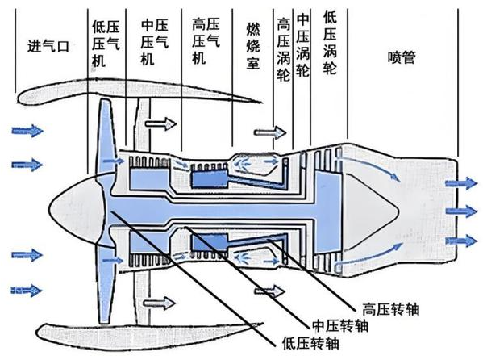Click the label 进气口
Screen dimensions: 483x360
click(48, 46)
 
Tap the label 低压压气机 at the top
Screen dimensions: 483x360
click(106, 44)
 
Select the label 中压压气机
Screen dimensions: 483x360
click(154, 43)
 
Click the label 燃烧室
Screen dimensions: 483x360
click(253, 46)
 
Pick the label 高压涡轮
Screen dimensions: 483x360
click(283, 49)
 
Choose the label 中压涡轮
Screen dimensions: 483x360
click(302, 44)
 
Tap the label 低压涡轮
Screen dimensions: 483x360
click(330, 43)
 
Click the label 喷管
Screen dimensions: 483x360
click(402, 57)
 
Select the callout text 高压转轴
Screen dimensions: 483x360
click(391, 309)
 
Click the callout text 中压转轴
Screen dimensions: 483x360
click(340, 325)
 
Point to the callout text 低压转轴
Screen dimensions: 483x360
click(310, 343)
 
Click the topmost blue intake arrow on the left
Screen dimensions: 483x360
click(27, 131)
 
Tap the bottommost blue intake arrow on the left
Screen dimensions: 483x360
click(26, 291)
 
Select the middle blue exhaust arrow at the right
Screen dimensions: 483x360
click(462, 211)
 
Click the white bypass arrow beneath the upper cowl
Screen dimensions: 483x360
click(160, 124)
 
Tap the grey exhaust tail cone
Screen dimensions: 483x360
click(369, 210)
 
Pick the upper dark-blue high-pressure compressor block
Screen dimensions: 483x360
click(210, 179)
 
